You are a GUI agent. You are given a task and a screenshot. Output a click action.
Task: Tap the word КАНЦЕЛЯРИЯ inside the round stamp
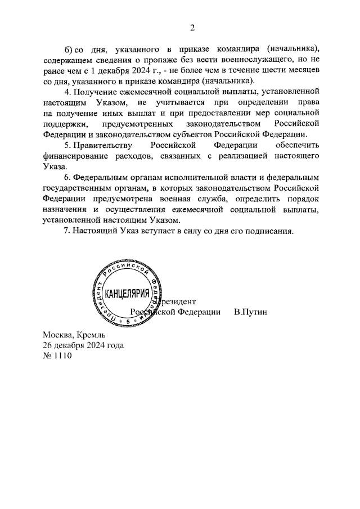[128, 293]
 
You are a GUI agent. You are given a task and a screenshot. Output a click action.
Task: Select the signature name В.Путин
[250, 312]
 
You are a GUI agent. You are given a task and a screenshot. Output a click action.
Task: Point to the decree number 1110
[62, 355]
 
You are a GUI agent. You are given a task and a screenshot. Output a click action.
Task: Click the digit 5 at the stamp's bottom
[128, 320]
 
